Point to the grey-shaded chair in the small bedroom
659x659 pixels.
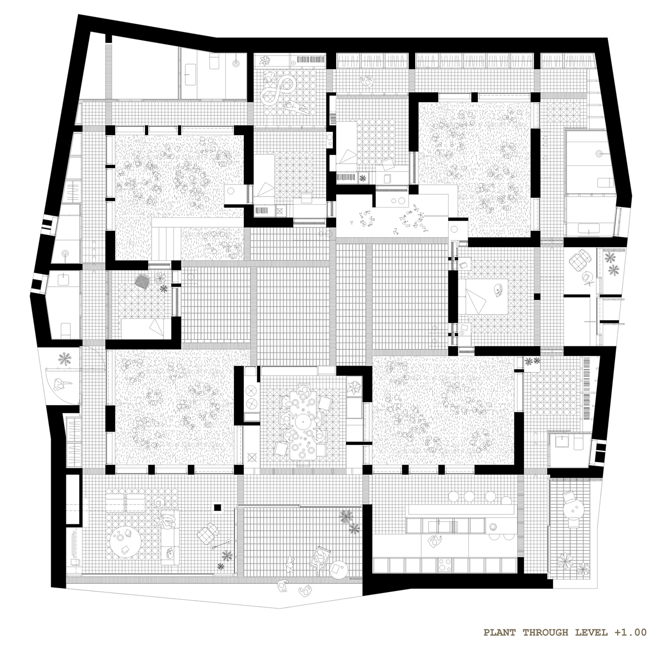pyautogui.click(x=142, y=282)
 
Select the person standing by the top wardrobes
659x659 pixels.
pyautogui.click(x=367, y=81)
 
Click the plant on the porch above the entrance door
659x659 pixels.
pyautogui.click(x=65, y=359)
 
